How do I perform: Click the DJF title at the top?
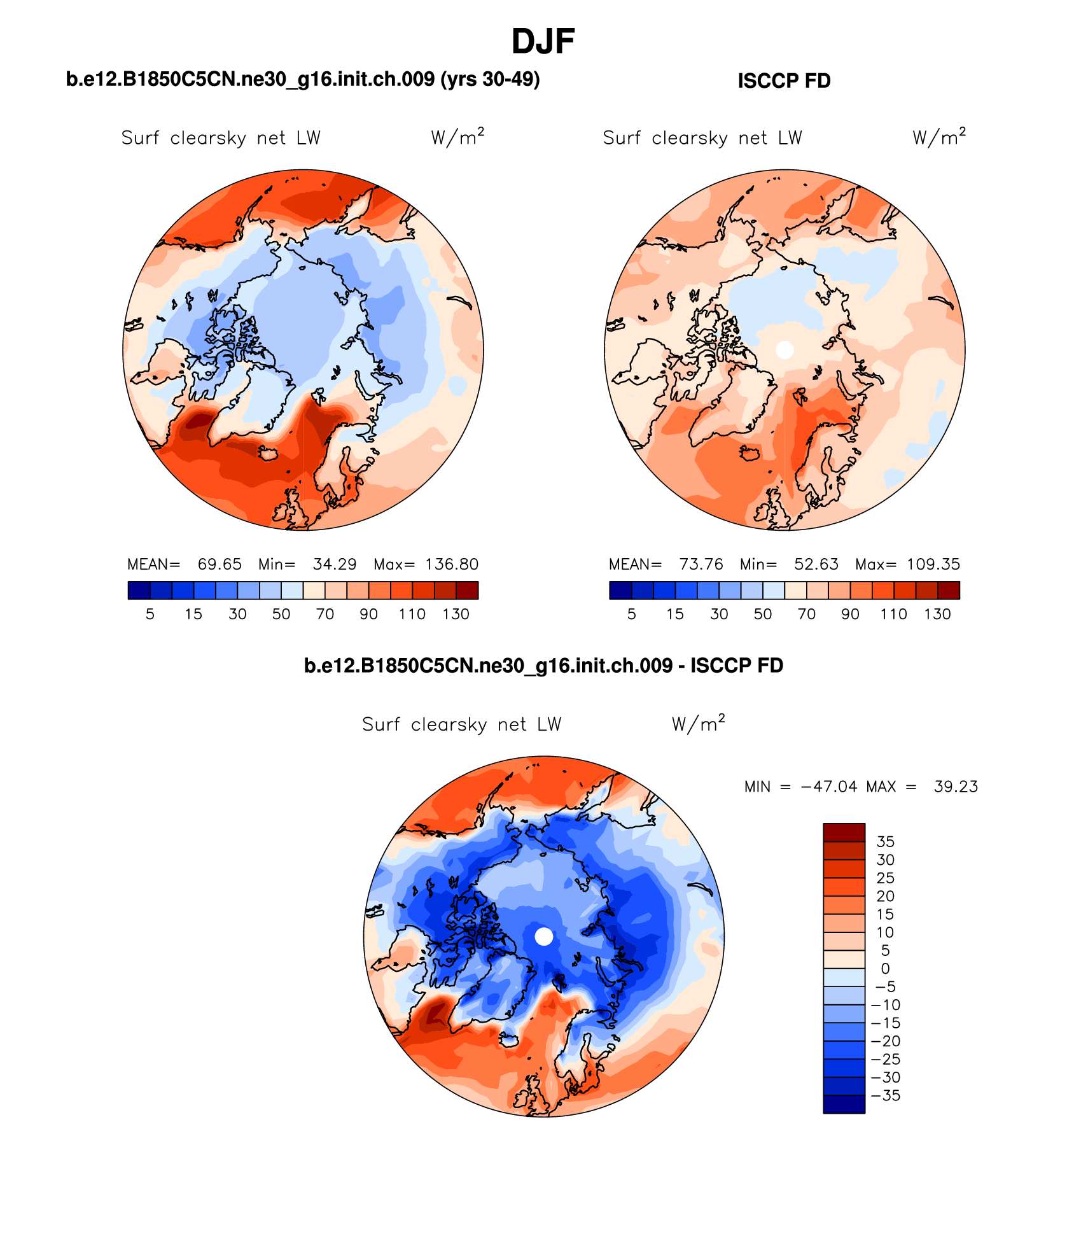(543, 42)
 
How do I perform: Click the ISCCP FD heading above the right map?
(784, 81)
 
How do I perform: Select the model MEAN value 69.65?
(220, 564)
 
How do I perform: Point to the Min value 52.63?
(816, 564)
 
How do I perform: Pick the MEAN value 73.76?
(701, 564)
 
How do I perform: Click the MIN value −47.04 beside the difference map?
(828, 787)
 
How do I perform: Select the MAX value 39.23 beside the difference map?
(956, 787)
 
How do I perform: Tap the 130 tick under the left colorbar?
(456, 614)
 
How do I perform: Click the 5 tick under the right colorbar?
(632, 614)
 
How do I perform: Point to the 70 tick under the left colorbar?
(325, 614)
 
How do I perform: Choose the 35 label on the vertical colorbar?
(886, 842)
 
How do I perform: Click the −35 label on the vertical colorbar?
(886, 1095)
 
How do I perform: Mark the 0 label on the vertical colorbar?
(886, 969)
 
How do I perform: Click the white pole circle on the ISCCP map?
(785, 349)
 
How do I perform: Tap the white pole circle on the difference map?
(544, 936)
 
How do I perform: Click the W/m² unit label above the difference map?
(698, 724)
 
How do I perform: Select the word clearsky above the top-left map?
(208, 138)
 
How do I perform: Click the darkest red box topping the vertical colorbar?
(844, 832)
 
